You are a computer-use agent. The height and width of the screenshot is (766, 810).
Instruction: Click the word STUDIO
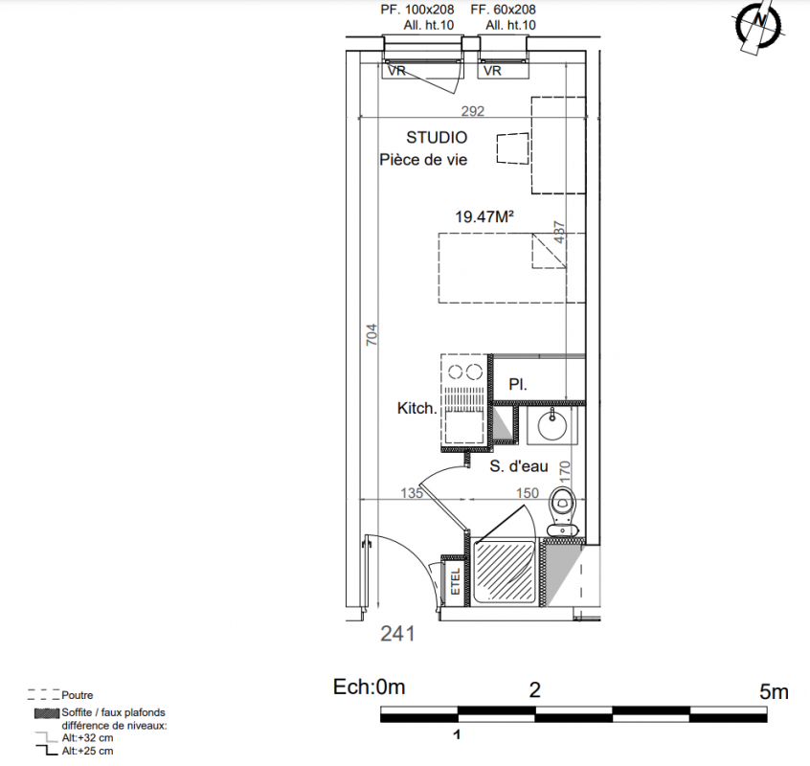pyautogui.click(x=437, y=137)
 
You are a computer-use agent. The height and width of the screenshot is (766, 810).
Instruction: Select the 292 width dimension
pyautogui.click(x=473, y=111)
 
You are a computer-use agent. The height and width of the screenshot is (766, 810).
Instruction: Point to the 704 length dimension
pyautogui.click(x=371, y=335)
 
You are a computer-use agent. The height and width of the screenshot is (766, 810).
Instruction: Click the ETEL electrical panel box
pyautogui.click(x=455, y=581)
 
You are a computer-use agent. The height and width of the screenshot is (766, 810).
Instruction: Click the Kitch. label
pyautogui.click(x=416, y=408)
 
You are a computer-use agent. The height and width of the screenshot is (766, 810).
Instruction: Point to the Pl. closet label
pyautogui.click(x=518, y=384)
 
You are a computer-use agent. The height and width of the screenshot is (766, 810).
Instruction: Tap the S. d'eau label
pyautogui.click(x=519, y=466)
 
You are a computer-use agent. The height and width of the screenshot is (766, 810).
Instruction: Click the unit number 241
pyautogui.click(x=397, y=633)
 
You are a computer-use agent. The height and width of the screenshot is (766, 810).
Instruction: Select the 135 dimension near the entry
pyautogui.click(x=412, y=493)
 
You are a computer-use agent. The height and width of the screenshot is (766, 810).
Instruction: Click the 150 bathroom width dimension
pyautogui.click(x=527, y=493)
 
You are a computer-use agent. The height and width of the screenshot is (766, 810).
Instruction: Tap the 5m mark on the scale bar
pyautogui.click(x=774, y=691)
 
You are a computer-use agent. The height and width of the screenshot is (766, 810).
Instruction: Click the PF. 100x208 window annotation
pyautogui.click(x=417, y=10)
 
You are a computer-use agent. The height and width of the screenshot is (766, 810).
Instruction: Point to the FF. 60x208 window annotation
pyautogui.click(x=504, y=10)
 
